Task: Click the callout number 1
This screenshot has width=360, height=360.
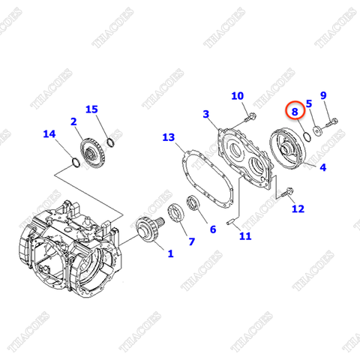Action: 169,253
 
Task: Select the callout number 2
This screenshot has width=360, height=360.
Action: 73,121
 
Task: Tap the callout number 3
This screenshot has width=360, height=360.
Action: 205,113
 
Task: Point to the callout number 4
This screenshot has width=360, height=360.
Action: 322,168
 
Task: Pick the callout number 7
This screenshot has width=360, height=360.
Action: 190,241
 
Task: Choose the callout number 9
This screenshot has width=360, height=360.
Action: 323,95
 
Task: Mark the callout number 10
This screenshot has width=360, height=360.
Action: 237,95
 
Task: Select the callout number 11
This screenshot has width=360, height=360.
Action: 245,236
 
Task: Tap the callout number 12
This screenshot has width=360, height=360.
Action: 298,208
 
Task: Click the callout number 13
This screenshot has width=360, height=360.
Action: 168,137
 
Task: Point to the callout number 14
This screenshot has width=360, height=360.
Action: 49,134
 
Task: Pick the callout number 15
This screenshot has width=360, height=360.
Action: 91,109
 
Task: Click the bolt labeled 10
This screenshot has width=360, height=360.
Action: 250,116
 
